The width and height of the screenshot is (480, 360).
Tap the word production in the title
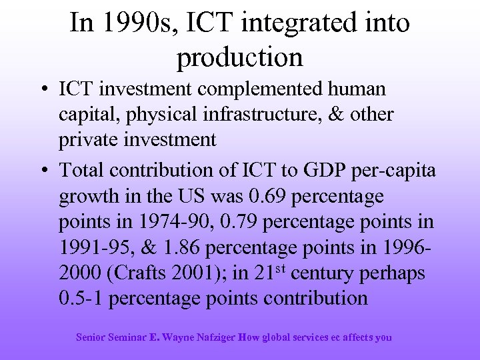(240, 57)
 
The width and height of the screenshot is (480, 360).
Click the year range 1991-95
(97, 247)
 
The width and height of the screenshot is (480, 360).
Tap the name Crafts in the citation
(140, 273)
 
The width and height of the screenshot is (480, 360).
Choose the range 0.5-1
(81, 298)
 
